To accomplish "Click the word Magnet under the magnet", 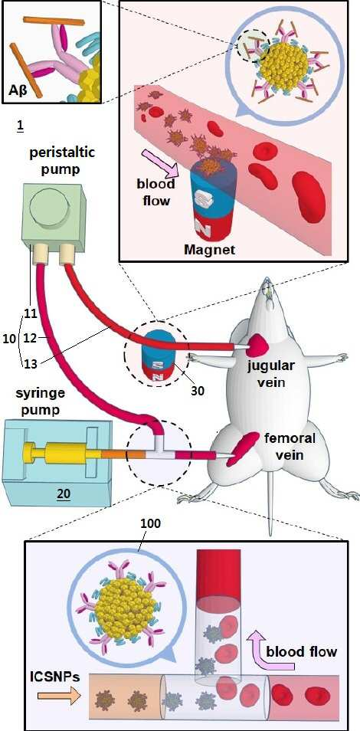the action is [x=208, y=250].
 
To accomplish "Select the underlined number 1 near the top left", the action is [x=20, y=126].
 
